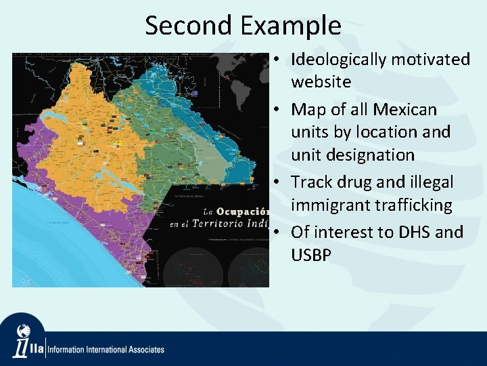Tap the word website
coord(321,82)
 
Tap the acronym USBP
coord(311,255)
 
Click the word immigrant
coord(329,205)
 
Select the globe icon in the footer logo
coord(24,331)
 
